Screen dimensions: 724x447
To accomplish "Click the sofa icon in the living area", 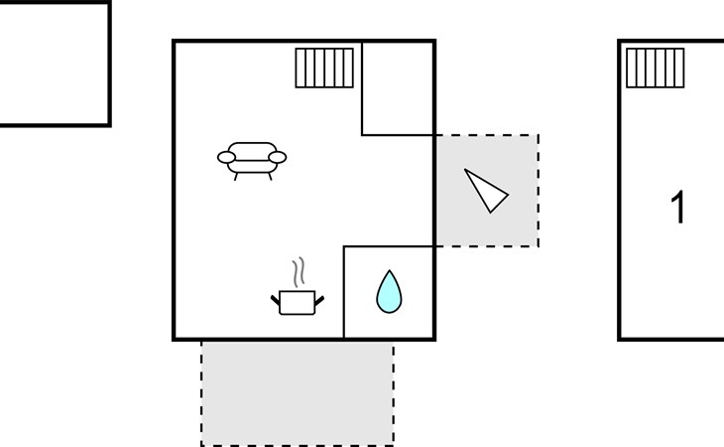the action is pyautogui.click(x=252, y=160).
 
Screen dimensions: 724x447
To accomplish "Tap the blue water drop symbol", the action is pyautogui.click(x=389, y=292).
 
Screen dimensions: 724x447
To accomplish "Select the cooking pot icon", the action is pyautogui.click(x=298, y=303).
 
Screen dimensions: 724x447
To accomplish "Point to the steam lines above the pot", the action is pyautogui.click(x=299, y=272).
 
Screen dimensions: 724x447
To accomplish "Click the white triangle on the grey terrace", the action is pyautogui.click(x=485, y=191).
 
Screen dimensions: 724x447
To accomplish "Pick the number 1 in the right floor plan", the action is pyautogui.click(x=677, y=207).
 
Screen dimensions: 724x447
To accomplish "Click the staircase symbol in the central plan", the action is pyautogui.click(x=324, y=68).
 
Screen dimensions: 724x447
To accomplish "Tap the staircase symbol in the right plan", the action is pyautogui.click(x=656, y=68).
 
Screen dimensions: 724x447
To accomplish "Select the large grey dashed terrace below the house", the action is pyautogui.click(x=298, y=393).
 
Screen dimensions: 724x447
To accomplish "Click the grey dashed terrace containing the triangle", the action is pyautogui.click(x=488, y=191).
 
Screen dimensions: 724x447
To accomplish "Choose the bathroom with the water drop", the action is pyautogui.click(x=389, y=292).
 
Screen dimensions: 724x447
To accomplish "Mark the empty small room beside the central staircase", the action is pyautogui.click(x=398, y=88).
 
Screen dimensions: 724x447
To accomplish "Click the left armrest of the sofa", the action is pyautogui.click(x=226, y=157).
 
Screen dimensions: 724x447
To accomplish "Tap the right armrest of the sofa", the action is pyautogui.click(x=278, y=157).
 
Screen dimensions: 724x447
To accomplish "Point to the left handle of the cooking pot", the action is pyautogui.click(x=275, y=300).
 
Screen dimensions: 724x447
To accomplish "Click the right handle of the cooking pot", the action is pyautogui.click(x=319, y=300).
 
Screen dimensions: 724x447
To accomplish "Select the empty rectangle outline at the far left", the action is pyautogui.click(x=55, y=64).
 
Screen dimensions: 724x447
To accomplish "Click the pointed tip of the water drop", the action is pyautogui.click(x=389, y=271).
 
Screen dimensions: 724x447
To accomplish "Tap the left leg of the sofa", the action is pyautogui.click(x=236, y=177).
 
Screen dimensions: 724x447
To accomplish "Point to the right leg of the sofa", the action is pyautogui.click(x=270, y=177).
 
